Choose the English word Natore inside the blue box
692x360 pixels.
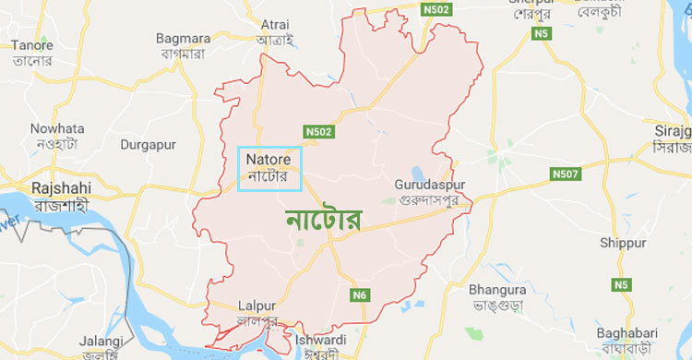point(268,159)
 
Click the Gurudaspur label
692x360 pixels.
point(429,184)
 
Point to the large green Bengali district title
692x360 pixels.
point(324,219)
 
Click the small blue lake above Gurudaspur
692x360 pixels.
point(416,172)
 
